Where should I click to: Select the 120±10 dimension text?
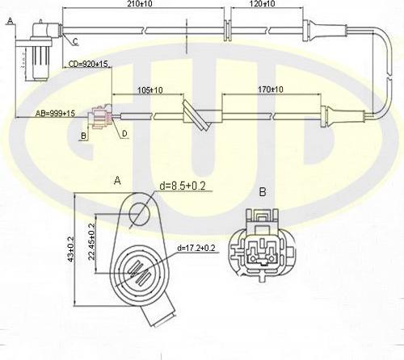pos(261,5)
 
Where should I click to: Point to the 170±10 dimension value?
pos(270,90)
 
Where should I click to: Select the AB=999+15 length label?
pos(56,114)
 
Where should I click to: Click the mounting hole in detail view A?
pos(138,214)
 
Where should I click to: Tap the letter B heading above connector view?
pos(262,193)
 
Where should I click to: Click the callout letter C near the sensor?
pos(74,40)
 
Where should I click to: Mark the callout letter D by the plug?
pos(124,133)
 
